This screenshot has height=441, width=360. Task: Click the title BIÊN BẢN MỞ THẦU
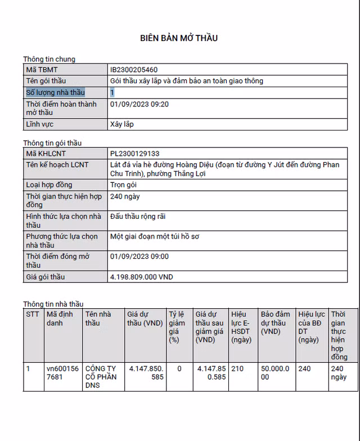click(179, 38)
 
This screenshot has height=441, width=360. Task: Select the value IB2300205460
click(134, 70)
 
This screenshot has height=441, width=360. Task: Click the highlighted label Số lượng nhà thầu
click(55, 92)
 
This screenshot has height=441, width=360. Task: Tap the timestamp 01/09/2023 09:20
click(139, 104)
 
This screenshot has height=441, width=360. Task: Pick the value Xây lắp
click(122, 124)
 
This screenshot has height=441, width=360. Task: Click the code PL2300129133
click(134, 154)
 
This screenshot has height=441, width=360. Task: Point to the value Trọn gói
click(125, 184)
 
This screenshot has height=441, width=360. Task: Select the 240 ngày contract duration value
click(125, 196)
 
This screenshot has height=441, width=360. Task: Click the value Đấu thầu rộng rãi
click(138, 217)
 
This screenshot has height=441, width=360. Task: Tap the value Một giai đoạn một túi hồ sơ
click(155, 237)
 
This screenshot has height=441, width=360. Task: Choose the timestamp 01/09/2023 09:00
click(139, 256)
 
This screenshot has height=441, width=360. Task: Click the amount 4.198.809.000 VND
click(142, 277)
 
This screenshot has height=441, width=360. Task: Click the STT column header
click(33, 314)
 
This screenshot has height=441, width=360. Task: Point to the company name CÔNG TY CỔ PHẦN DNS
click(101, 377)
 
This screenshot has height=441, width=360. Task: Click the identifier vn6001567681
click(62, 373)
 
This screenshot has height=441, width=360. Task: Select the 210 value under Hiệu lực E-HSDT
click(238, 368)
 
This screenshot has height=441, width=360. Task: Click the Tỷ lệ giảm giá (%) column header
click(177, 327)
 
